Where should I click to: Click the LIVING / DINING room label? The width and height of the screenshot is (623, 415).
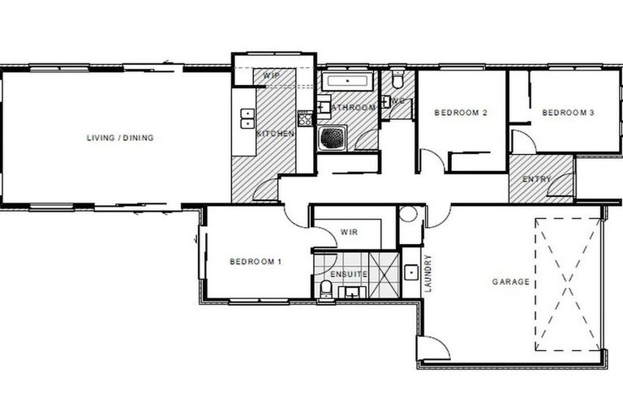tap(120, 138)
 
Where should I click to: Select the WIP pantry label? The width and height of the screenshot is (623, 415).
tap(271, 75)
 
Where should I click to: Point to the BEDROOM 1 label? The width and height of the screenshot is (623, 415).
tap(256, 261)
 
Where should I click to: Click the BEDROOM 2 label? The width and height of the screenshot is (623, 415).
tap(460, 113)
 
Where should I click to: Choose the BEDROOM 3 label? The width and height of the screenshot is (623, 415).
tap(569, 113)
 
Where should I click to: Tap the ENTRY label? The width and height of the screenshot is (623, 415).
tap(537, 179)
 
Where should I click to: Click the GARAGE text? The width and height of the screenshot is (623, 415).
tap(511, 282)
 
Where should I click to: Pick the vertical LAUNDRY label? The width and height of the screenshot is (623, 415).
tap(428, 275)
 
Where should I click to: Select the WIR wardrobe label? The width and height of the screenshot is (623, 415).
tap(350, 232)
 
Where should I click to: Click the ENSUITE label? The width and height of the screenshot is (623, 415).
tap(349, 275)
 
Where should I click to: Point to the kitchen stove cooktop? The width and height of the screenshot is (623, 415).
tap(304, 118)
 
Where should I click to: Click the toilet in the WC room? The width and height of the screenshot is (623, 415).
tap(397, 81)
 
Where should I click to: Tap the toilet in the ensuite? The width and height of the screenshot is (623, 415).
tap(324, 290)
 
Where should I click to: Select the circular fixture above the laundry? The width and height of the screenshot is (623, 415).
tap(409, 216)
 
